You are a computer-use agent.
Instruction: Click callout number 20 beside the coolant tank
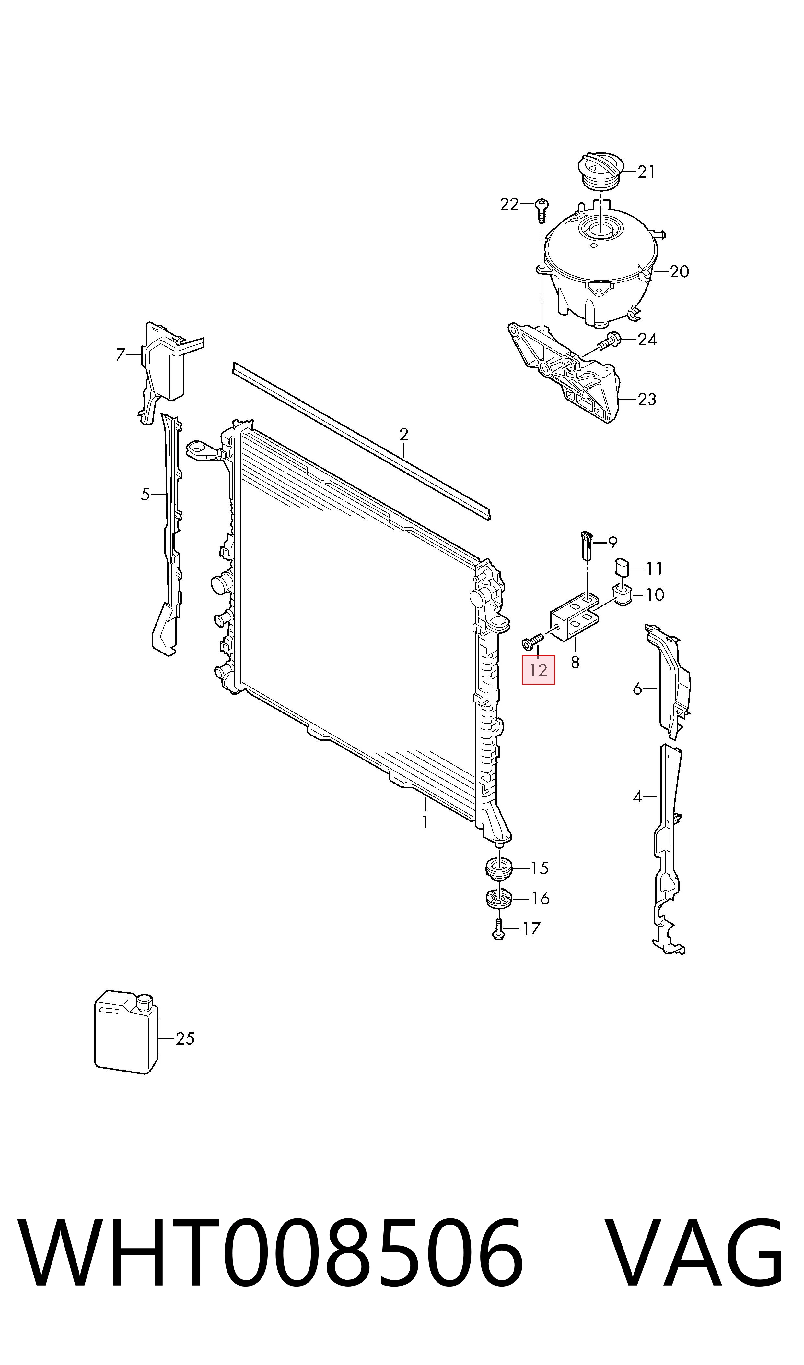(679, 271)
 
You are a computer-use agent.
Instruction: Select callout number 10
(655, 595)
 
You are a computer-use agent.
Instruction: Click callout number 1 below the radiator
(425, 822)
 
